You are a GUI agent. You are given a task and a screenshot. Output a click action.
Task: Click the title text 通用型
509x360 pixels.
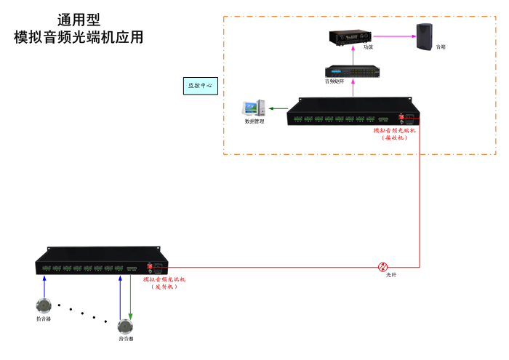[79, 20]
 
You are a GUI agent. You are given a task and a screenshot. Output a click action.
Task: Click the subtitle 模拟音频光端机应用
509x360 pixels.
[79, 37]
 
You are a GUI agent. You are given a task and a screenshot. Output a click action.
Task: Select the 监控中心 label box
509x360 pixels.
[200, 86]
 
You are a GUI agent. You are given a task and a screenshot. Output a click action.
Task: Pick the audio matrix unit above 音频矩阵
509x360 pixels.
[353, 71]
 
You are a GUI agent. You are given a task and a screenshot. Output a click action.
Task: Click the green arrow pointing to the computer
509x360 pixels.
[277, 109]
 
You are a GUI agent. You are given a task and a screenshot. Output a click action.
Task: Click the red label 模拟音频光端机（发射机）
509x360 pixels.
[164, 282]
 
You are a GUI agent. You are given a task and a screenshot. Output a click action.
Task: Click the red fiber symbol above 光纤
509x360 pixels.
[383, 268]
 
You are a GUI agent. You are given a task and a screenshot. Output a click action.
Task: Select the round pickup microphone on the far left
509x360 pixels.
[44, 306]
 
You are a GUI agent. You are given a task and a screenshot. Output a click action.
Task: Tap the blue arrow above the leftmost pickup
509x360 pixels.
[44, 286]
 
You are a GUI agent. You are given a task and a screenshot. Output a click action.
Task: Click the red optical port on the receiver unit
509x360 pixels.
[401, 116]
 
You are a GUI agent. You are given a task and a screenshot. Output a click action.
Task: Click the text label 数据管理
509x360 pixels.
[254, 121]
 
